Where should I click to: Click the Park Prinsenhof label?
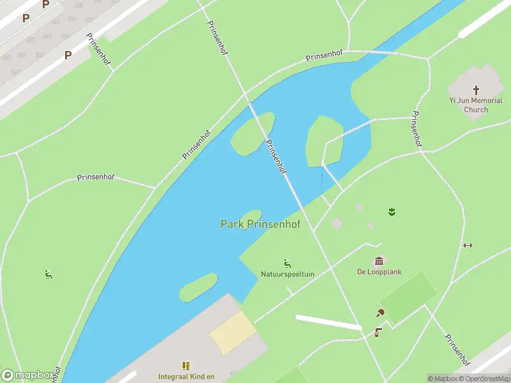(260, 224)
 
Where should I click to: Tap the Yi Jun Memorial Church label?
(476, 105)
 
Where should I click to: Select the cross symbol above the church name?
(476, 90)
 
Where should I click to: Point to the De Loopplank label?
(379, 271)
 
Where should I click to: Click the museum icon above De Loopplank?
(379, 260)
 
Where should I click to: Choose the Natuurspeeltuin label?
(287, 274)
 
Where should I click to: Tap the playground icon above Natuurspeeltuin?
(287, 263)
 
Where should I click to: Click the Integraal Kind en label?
(186, 376)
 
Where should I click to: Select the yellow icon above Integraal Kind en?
(186, 366)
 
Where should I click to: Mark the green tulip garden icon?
(390, 211)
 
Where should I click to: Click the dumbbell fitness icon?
(468, 245)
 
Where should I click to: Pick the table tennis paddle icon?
(380, 312)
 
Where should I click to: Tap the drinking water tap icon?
(378, 331)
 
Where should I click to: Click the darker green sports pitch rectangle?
(408, 297)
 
